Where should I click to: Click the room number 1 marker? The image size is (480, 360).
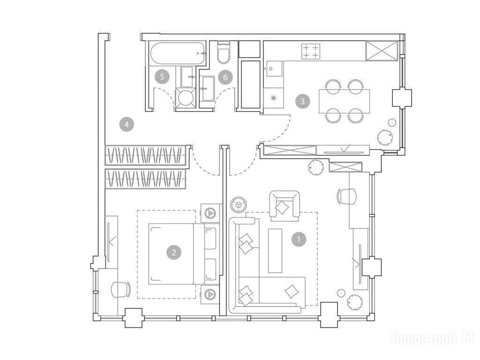click(x=299, y=239)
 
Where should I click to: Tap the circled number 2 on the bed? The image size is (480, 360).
click(x=174, y=253)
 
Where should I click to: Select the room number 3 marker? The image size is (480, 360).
click(x=302, y=101)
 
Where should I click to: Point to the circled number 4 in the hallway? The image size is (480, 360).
click(x=127, y=124)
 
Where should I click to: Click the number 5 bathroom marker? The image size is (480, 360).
click(x=162, y=76)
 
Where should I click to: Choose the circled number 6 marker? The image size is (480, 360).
click(x=225, y=77)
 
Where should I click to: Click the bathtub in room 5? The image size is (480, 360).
click(x=178, y=53)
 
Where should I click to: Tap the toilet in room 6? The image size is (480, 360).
click(x=223, y=52)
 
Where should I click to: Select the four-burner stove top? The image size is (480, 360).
click(x=311, y=52)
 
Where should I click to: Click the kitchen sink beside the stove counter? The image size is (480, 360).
click(x=274, y=69)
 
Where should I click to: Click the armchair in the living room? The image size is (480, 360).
click(x=285, y=206)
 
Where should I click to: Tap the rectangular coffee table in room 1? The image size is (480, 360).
click(x=275, y=250)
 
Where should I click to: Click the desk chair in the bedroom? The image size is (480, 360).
click(x=121, y=289)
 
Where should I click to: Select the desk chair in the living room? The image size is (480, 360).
click(x=347, y=196)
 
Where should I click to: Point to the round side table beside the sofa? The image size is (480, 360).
click(x=238, y=204)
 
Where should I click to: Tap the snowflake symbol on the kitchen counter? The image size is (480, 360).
click(x=274, y=98)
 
